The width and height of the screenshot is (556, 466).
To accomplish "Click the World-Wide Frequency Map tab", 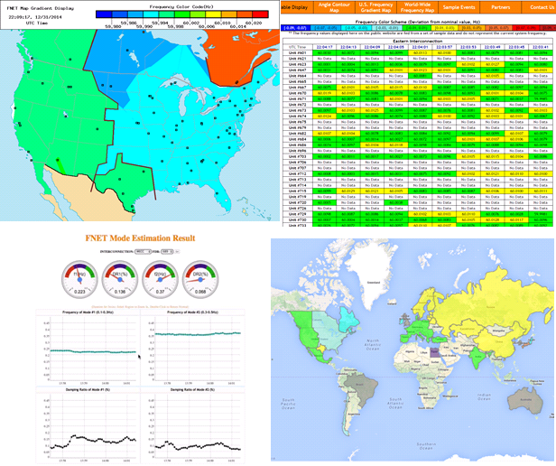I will point(402,7).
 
